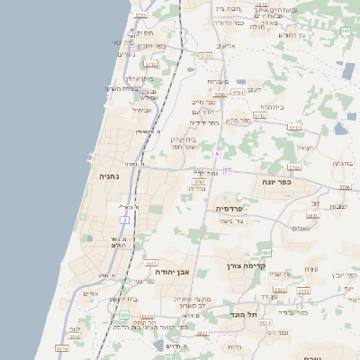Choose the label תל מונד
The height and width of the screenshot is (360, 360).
pos(245,315)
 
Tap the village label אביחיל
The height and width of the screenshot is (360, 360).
pos(141,111)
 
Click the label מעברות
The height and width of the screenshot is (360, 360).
pos(218,82)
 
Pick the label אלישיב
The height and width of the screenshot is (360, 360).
pos(225,45)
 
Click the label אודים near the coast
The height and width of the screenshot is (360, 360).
pos(90,293)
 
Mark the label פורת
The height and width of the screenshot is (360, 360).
pos(310,269)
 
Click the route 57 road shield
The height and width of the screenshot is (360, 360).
pos(228,169)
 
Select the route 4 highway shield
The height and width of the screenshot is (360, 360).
pos(217,154)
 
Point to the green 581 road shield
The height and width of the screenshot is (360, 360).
pos(346,31)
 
